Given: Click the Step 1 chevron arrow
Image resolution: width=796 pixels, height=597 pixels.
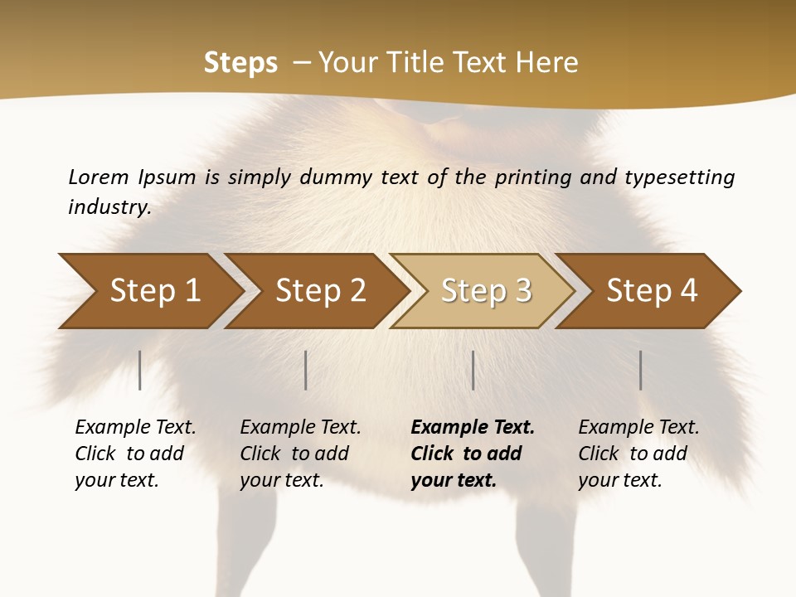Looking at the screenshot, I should coord(149,291).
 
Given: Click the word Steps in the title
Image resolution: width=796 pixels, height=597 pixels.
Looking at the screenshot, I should coord(240,62).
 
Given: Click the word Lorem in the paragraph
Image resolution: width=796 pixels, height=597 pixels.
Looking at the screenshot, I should coord(99,177).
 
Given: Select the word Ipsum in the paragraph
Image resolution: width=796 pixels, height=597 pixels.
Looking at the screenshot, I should coord(167,177).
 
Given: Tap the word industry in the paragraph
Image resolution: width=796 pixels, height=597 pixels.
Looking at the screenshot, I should coord(109,207).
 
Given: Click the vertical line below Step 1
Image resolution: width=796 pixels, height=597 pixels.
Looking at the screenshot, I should coord(140,370).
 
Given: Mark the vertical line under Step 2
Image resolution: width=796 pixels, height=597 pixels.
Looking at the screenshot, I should coord(306,370).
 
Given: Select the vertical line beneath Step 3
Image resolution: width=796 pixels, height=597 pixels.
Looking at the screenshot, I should coord(473,370).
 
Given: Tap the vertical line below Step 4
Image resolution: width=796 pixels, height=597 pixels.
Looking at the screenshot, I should coord(640,370).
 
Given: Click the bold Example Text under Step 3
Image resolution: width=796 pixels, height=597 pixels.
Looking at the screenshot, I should coord(473,428).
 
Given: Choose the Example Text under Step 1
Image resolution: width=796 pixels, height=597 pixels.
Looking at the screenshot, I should coord(135,428).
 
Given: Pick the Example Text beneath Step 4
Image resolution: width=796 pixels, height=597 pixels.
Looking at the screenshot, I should coord(638,428).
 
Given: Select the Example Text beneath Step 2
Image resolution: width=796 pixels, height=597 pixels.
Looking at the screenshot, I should coord(300,428).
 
